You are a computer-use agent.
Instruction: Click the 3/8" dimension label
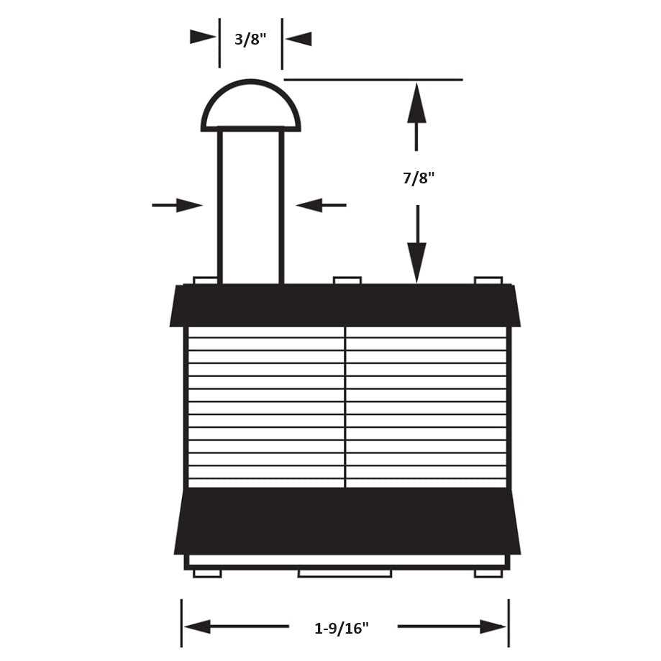[250, 40]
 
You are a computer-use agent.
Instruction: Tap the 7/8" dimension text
[418, 178]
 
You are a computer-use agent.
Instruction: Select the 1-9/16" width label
[342, 629]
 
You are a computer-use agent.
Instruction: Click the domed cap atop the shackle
[251, 106]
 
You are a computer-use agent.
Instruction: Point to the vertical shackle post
[251, 206]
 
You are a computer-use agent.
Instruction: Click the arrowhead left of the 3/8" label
[203, 37]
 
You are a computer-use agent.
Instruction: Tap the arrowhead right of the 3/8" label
[298, 39]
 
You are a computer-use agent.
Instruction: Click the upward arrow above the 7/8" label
[416, 117]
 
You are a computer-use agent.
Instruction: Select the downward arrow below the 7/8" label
[417, 244]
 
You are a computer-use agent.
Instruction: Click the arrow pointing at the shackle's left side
[177, 205]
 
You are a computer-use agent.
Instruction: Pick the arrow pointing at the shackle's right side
[322, 205]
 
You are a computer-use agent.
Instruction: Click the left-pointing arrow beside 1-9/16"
[237, 626]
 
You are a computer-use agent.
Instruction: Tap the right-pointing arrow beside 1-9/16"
[452, 626]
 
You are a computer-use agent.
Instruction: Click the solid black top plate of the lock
[345, 305]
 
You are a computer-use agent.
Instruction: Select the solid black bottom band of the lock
[347, 521]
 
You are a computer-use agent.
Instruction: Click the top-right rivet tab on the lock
[488, 281]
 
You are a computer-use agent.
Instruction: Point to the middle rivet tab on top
[347, 281]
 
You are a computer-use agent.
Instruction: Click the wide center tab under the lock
[345, 574]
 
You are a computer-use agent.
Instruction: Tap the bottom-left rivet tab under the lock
[207, 574]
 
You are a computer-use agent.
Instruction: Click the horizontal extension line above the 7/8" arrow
[373, 79]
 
